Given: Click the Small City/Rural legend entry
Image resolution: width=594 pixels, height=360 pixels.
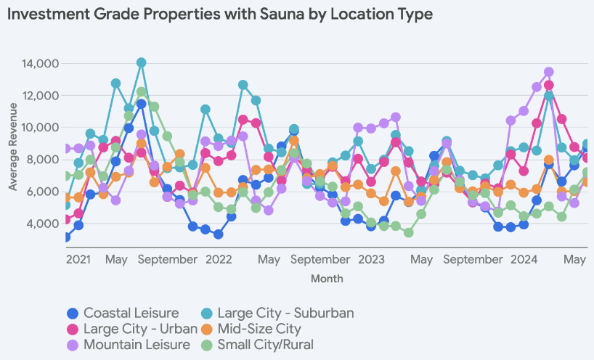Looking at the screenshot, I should (265, 344).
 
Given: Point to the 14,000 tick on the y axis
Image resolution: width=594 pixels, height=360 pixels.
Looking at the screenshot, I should (38, 64).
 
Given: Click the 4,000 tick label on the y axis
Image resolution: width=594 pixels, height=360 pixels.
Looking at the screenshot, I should (41, 224).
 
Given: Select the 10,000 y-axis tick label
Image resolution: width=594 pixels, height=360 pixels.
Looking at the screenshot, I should (38, 128).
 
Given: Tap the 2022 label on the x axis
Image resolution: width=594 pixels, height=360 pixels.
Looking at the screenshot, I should (219, 258).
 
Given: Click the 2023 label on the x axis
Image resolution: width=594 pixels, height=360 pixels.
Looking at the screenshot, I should (371, 258).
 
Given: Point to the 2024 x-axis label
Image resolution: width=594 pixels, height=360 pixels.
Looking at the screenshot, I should (524, 258).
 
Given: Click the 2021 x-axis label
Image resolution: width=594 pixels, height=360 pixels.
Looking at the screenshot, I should (78, 258).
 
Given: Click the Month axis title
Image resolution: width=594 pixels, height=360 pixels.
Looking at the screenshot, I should (327, 278).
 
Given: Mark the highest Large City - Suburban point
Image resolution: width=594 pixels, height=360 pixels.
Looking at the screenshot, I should (142, 63).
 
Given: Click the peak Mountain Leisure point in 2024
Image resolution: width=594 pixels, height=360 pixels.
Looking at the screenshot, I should (549, 72).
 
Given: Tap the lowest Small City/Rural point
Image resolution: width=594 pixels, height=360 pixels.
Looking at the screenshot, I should (409, 233).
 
